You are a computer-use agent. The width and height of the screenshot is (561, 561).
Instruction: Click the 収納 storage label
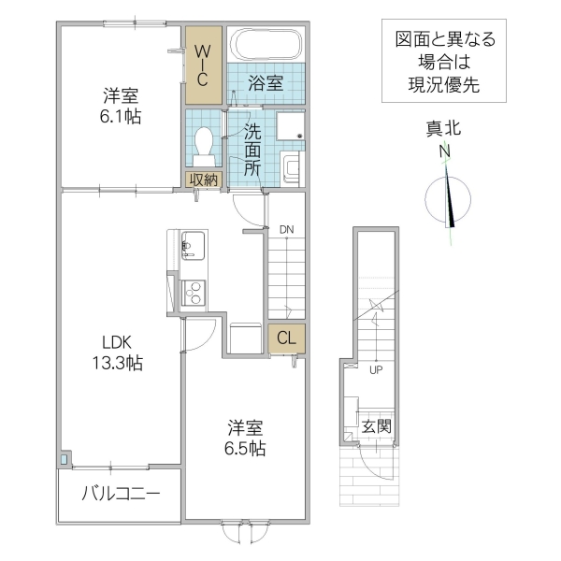204,180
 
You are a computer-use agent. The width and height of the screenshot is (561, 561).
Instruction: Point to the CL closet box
286,339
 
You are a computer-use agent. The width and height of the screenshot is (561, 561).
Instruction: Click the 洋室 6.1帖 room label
121,106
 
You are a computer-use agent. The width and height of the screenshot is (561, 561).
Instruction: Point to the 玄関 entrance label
376,425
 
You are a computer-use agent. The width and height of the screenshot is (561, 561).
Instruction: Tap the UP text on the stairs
376,368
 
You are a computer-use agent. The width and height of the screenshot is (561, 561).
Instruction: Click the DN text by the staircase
286,228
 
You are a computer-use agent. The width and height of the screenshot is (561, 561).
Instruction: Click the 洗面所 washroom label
252,149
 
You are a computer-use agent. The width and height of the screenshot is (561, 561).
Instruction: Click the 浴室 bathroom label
265,82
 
